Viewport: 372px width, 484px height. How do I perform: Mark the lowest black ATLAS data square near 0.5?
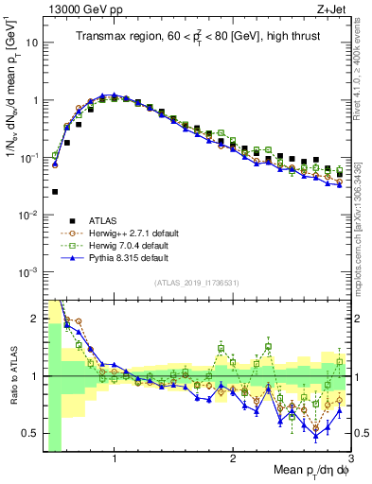tap(55, 192)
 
